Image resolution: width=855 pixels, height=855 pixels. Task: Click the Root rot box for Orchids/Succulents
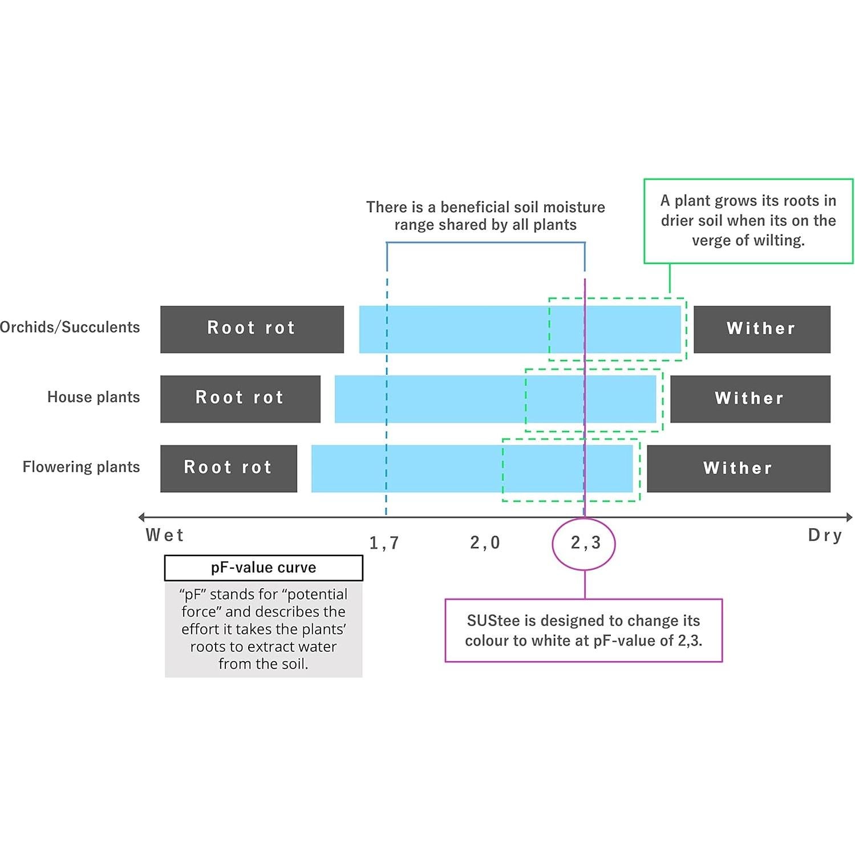252,329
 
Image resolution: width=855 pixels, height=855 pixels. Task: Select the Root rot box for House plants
240,399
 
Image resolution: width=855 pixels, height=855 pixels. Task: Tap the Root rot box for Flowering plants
228,468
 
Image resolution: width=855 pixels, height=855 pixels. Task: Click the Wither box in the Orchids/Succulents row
761,329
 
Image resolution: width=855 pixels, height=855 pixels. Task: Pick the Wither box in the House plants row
750,399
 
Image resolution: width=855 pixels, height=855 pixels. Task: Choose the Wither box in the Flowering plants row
738,468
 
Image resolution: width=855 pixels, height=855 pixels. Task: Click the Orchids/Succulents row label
70,327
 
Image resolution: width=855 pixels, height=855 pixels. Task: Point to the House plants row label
94,397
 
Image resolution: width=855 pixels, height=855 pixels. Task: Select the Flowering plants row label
81,467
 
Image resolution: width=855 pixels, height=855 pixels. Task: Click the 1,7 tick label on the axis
384,543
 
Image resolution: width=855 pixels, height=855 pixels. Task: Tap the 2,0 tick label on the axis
485,542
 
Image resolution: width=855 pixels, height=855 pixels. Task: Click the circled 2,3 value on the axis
585,543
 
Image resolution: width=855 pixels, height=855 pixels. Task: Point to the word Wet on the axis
165,535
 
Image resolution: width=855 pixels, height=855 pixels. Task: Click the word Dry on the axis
825,535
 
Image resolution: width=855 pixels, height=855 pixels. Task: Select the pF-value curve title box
264,568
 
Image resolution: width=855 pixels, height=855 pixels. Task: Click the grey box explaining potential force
264,629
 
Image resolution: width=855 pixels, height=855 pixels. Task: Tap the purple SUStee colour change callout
583,630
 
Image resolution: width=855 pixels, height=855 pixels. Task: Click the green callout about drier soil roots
748,221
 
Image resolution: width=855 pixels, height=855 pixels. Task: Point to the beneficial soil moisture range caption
485,216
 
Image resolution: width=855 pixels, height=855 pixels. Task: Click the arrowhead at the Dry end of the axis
849,517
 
